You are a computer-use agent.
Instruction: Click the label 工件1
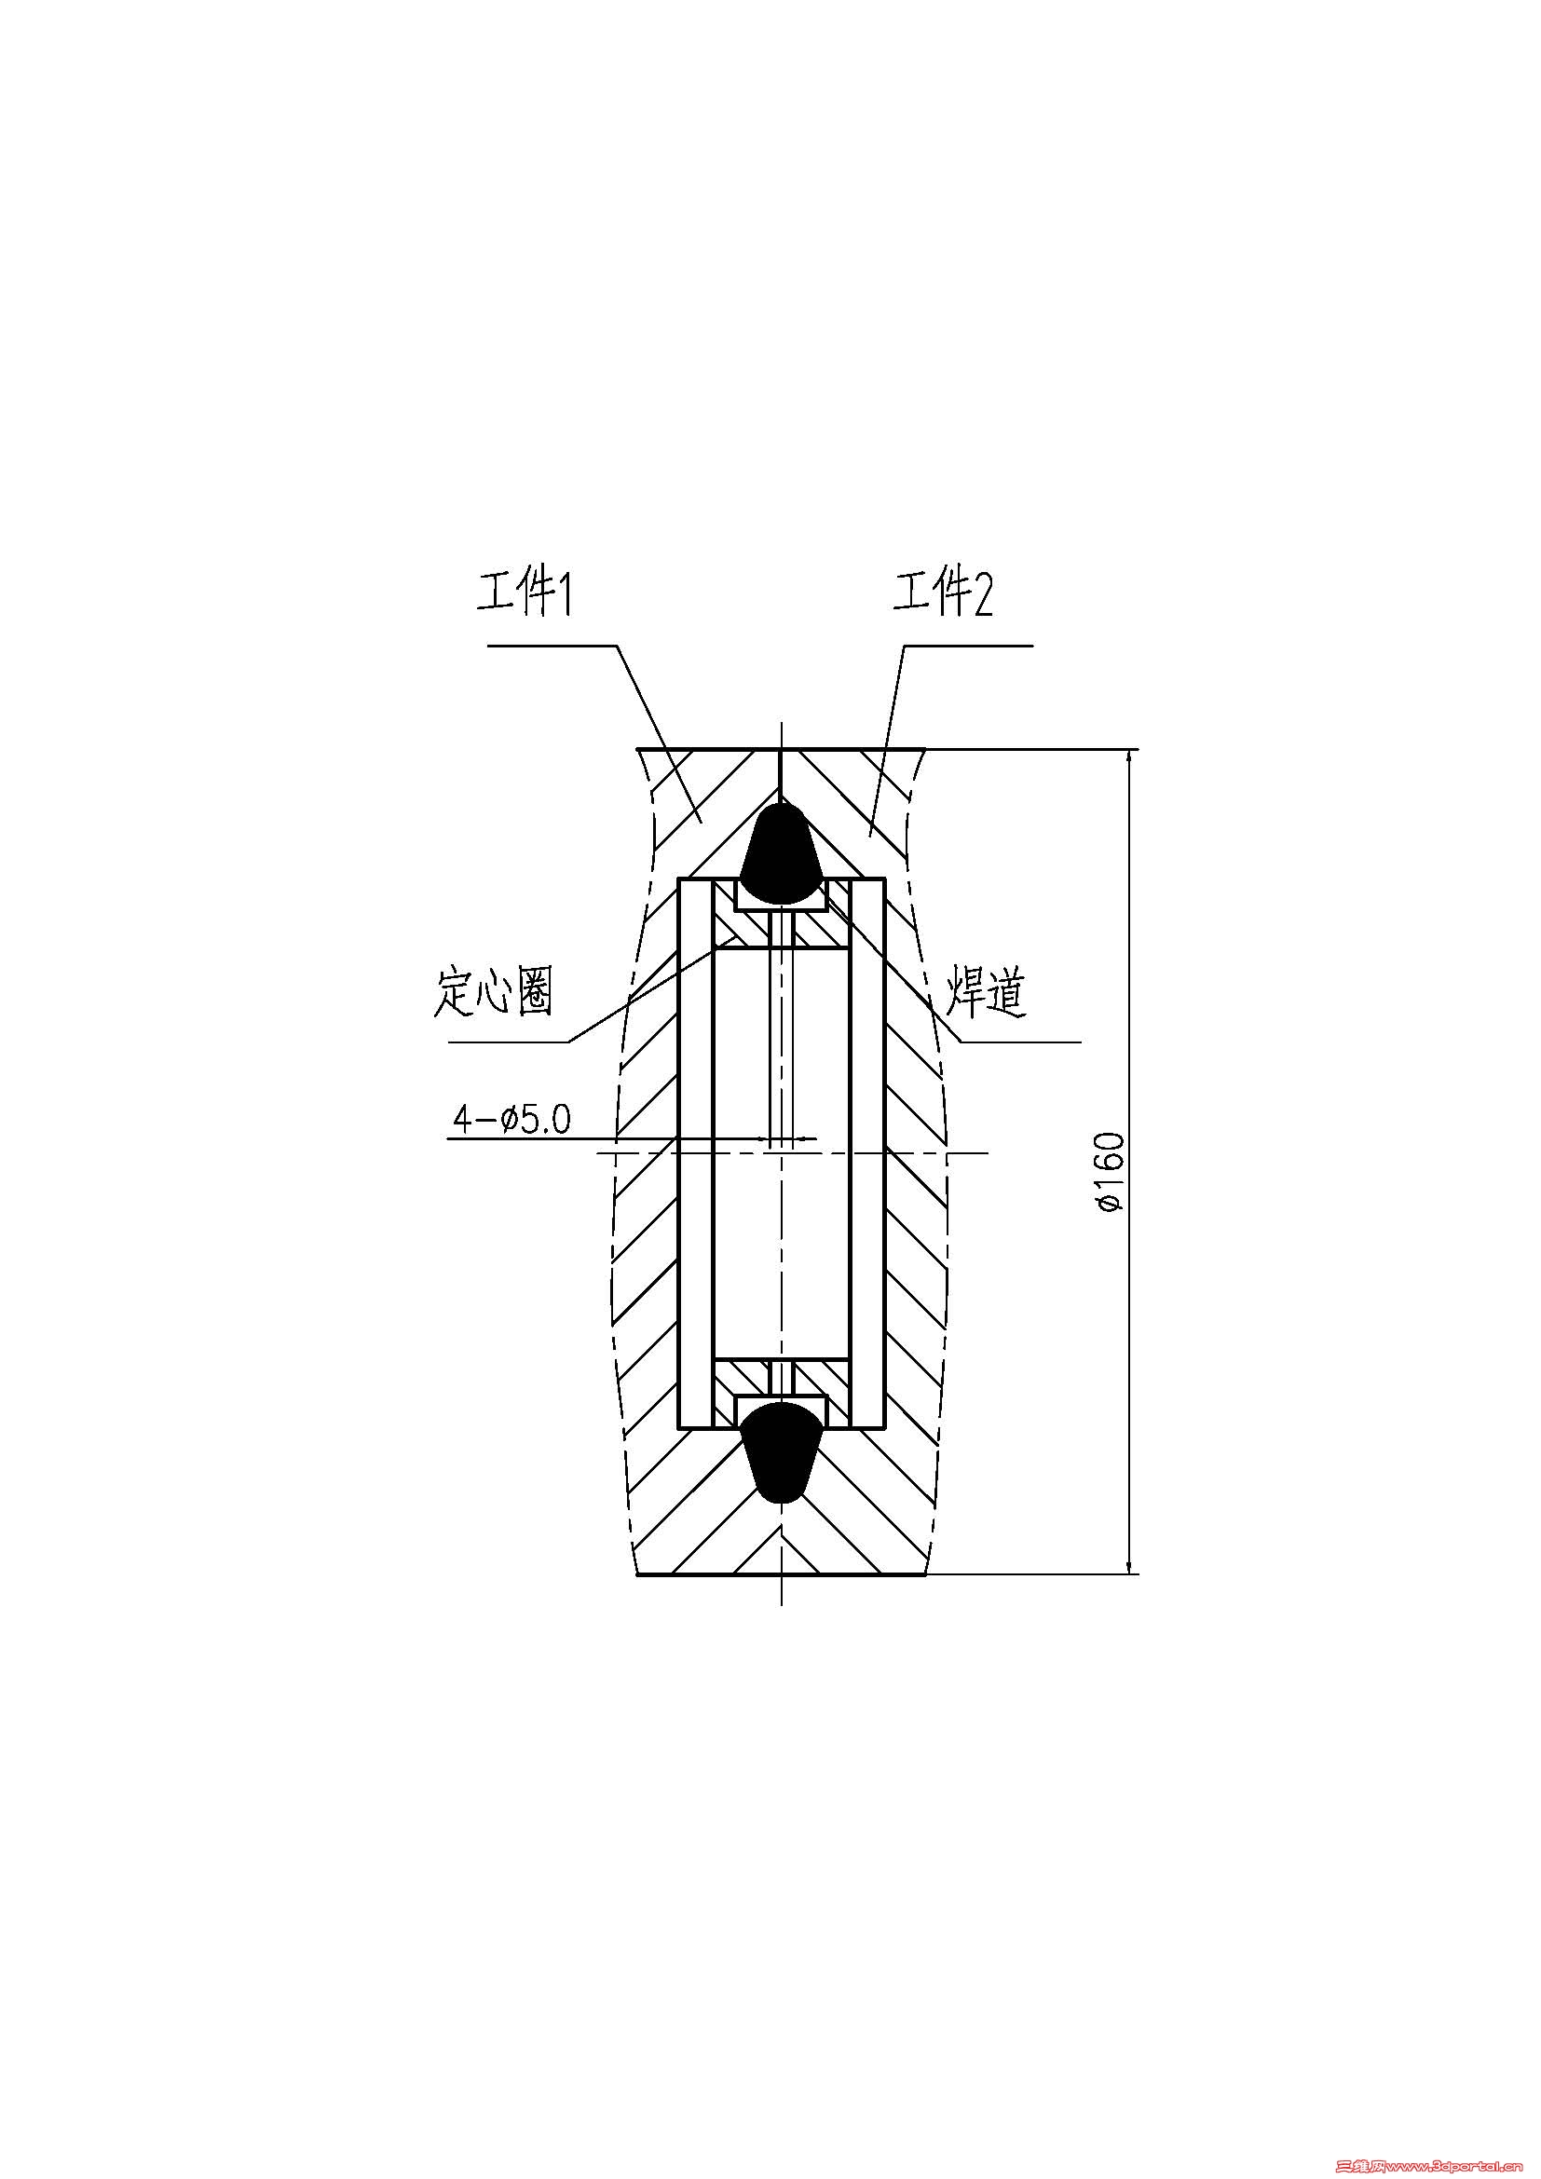tap(524, 594)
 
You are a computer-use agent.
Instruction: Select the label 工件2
tap(942, 594)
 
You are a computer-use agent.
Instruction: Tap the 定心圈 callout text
tap(494, 993)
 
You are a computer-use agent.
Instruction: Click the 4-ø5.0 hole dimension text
tap(511, 1120)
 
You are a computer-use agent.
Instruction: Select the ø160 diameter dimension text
tap(1109, 1171)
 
